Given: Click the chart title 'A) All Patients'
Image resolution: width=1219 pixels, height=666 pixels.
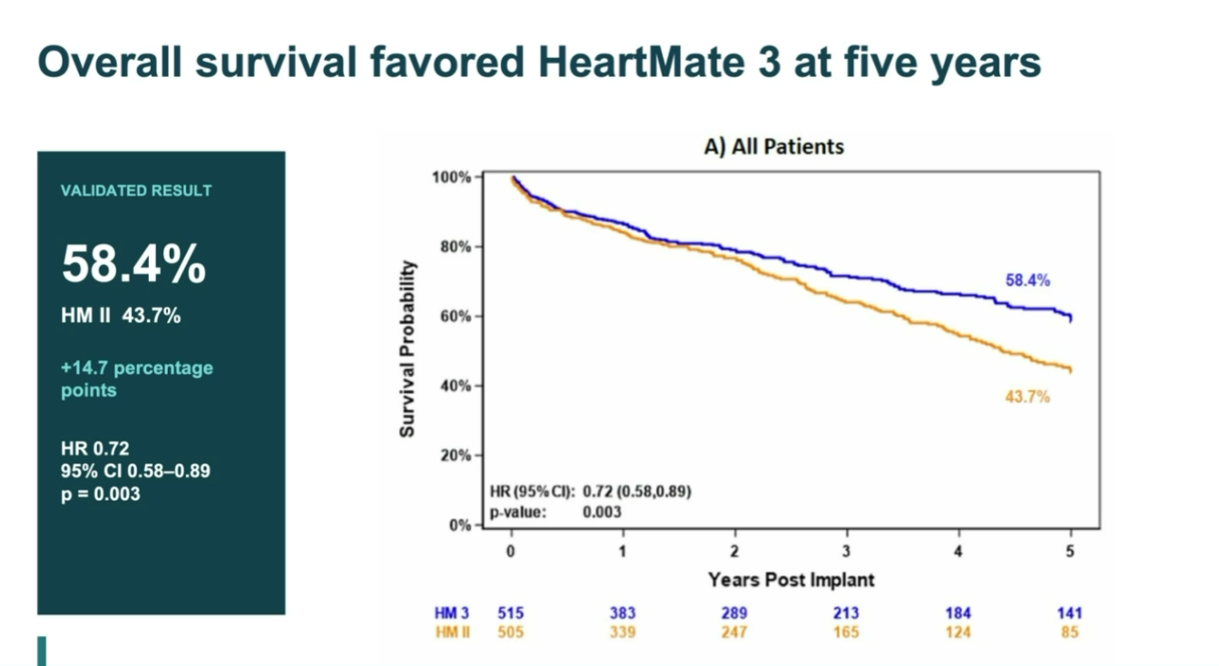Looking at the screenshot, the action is (773, 147).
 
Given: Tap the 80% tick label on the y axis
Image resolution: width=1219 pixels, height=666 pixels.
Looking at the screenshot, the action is (456, 247).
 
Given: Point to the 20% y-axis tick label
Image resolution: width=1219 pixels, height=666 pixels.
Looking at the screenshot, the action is (456, 455).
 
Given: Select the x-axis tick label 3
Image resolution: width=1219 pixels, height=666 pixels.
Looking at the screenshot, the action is (846, 551).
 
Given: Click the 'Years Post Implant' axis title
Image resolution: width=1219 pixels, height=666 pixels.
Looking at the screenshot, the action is (791, 580).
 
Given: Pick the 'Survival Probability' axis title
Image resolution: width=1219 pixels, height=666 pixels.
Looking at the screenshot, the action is (407, 348).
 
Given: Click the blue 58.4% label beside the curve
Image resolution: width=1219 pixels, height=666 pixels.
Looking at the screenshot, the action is (1027, 280).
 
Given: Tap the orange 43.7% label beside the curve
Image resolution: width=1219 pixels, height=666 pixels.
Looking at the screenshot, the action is (1027, 397).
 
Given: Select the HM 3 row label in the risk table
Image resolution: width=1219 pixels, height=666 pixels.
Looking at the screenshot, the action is (451, 613).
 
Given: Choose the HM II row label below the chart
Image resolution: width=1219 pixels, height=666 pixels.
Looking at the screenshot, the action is (452, 632).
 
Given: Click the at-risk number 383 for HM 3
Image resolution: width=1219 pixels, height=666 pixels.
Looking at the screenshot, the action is (623, 613).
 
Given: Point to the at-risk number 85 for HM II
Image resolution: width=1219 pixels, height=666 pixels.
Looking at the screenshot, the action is (1070, 632).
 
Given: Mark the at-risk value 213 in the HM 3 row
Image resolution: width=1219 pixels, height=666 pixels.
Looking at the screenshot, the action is (846, 613).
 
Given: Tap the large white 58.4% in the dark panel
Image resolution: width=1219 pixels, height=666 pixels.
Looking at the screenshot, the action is (133, 264).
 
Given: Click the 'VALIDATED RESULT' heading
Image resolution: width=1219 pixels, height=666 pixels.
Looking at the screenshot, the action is (136, 191).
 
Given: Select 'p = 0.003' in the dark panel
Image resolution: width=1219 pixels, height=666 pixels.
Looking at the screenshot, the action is (101, 495).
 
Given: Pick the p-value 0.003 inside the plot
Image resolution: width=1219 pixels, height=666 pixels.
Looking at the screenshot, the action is (602, 512).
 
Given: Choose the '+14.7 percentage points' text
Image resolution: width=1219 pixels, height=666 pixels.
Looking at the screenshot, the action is (137, 379).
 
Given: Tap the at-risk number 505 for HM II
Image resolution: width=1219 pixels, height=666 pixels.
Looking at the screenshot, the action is (510, 632).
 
